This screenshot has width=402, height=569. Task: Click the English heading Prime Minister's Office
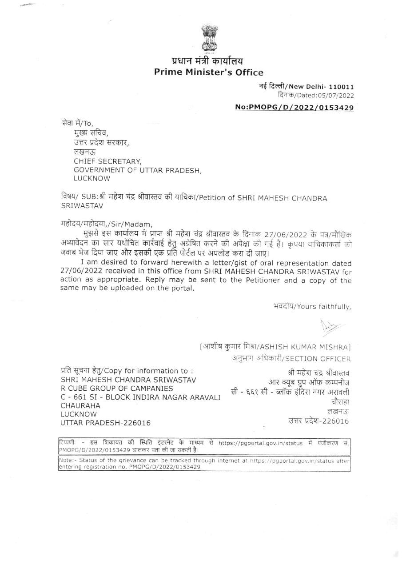208,72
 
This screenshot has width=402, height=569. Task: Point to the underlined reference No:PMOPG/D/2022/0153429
294,108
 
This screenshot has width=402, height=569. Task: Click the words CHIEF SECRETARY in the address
107,161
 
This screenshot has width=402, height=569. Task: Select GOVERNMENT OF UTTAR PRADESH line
138,170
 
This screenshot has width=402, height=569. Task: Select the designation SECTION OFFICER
320,359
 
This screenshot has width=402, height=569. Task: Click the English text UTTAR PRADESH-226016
105,423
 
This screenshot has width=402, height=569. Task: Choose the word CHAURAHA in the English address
80,405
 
